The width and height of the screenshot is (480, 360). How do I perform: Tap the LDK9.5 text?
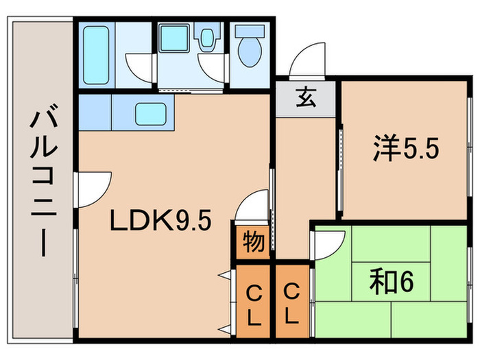(160, 221)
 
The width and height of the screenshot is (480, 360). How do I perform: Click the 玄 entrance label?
(305, 98)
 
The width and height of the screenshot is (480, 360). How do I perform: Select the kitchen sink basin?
(151, 113)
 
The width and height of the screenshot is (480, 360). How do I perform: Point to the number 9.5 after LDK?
(191, 221)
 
